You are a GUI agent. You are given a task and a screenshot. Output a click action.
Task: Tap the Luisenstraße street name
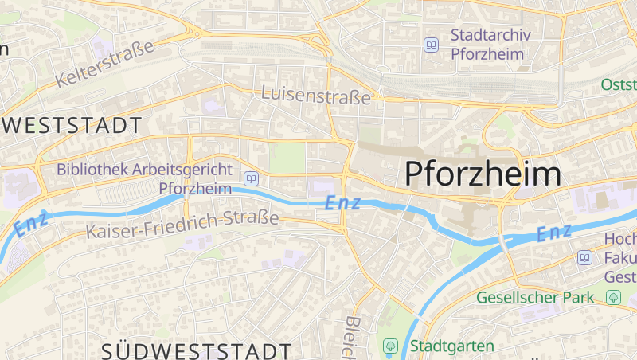316,96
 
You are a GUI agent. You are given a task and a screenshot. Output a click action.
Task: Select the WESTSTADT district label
72,125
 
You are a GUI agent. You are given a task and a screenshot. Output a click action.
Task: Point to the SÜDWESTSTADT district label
197,350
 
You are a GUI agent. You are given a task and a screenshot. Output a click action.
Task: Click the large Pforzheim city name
483,173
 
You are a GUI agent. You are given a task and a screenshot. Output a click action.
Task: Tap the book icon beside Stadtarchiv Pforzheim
432,45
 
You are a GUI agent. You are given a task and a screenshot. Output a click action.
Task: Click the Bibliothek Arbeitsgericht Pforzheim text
144,178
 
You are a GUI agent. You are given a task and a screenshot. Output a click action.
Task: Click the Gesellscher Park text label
535,298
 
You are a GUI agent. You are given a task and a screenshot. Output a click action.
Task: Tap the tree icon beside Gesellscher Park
613,298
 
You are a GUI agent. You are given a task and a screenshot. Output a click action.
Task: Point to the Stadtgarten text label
452,346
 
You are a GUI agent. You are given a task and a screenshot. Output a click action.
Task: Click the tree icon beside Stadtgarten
391,346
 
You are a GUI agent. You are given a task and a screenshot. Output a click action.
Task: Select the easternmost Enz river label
554,233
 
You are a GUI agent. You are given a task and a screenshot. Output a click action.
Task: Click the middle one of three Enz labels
342,203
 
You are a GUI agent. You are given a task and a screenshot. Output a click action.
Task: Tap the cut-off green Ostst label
619,84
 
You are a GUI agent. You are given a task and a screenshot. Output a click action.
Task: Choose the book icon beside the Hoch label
585,257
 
